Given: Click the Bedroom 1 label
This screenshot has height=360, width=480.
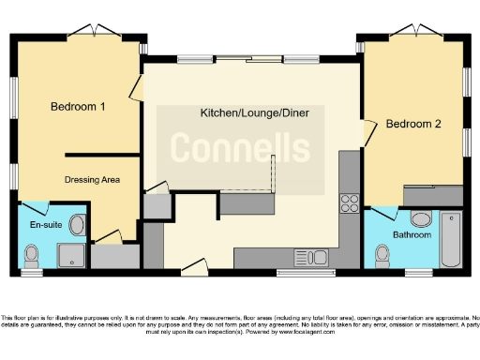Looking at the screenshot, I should point(77,107).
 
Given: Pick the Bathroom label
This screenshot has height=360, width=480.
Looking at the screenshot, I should point(412,234).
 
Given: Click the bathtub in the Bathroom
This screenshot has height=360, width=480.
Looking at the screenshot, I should point(451,239).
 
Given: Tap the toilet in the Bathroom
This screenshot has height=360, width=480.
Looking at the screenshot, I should point(382,254).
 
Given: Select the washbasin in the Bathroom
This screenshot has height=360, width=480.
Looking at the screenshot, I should point(421,219).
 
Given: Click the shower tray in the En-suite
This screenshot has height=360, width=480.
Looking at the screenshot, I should point(71,256).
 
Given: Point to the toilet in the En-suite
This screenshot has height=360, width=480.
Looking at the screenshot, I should point(32,254).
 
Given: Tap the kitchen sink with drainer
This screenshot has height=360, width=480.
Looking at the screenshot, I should point(309,256).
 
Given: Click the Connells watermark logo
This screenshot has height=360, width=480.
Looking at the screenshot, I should point(240,147).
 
